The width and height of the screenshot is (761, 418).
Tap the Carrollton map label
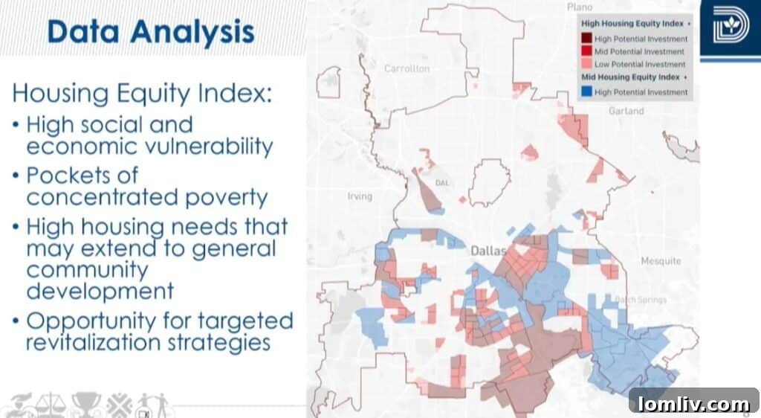407,68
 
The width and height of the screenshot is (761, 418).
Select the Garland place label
625,111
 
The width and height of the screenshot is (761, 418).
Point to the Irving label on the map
359,196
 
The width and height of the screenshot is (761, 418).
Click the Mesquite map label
660,261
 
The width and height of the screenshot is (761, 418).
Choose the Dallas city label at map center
488,251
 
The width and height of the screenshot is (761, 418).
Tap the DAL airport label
442,182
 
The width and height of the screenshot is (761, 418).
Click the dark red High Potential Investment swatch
587,39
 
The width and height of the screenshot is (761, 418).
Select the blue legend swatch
587,92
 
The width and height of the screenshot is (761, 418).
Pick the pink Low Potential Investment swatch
587,65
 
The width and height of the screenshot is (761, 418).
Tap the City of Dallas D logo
730,28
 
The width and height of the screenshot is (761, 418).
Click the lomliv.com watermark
693,404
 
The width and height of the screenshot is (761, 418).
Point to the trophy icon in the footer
85,403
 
